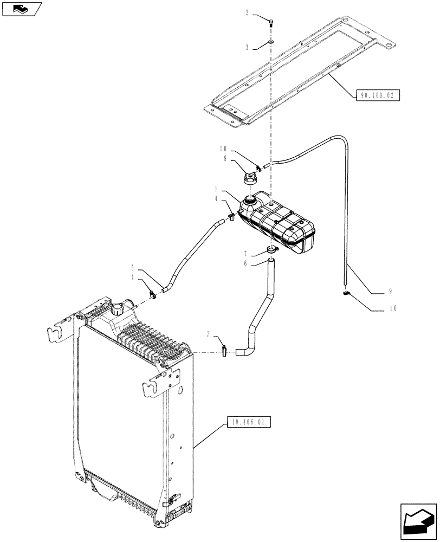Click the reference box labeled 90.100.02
click(x=378, y=96)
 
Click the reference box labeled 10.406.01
click(x=250, y=421)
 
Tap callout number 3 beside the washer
click(x=247, y=48)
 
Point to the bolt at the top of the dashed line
click(x=269, y=21)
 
